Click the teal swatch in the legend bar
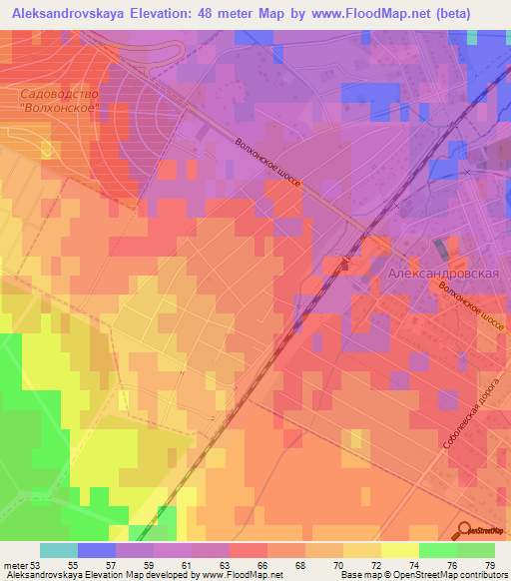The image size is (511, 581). pos(58,550)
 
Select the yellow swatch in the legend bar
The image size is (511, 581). pos(399,550)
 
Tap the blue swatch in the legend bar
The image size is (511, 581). pos(96,550)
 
